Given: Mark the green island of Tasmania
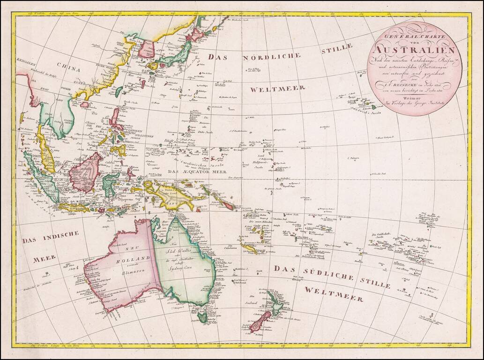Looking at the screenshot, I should pyautogui.click(x=202, y=317).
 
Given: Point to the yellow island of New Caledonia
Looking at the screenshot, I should pyautogui.click(x=249, y=247).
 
